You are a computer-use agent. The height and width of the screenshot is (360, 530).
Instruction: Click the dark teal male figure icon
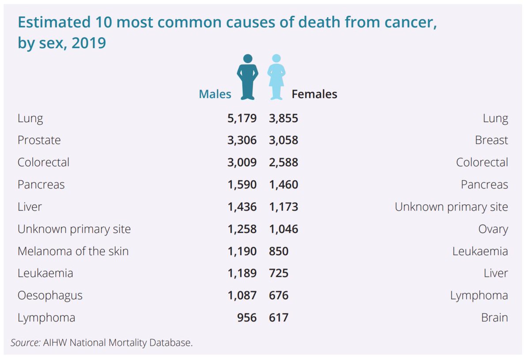click(247, 77)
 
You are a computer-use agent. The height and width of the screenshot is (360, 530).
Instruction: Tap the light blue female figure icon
click(276, 77)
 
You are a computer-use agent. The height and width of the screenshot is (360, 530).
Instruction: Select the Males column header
click(215, 94)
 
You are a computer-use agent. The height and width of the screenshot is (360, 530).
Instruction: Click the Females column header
click(314, 94)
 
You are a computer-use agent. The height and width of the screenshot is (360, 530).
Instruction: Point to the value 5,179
click(242, 118)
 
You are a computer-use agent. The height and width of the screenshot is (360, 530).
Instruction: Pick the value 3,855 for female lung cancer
click(284, 118)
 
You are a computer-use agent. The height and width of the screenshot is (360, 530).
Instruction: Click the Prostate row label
click(39, 140)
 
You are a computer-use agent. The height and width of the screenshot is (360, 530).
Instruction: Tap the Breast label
click(491, 140)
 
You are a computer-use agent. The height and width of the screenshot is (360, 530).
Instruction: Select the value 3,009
click(242, 163)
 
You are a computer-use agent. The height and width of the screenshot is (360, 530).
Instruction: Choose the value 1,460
click(284, 185)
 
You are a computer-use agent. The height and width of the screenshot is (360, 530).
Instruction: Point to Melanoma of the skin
click(73, 251)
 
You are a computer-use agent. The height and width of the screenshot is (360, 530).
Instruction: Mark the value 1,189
click(242, 273)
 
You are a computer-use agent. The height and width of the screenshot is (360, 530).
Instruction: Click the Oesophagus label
click(50, 296)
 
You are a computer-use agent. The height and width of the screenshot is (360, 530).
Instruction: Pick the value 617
click(279, 318)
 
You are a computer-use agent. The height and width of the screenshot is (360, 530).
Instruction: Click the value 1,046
click(284, 229)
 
